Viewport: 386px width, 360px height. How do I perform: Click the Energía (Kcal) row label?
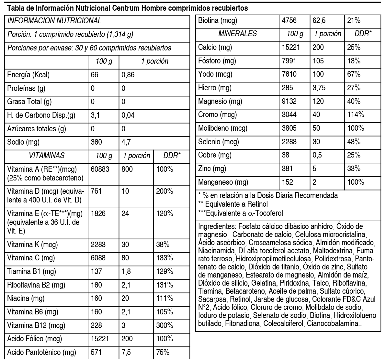coord(28,75)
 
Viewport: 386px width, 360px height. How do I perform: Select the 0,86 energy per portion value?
coord(128,75)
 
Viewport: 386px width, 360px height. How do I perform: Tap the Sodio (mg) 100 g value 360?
coord(96,142)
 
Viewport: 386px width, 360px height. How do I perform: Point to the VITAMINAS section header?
coord(46,156)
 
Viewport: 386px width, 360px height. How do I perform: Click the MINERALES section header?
coord(238,34)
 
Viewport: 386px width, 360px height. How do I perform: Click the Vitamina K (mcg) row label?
coord(30,245)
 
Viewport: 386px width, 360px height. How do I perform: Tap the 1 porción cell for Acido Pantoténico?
coord(126,352)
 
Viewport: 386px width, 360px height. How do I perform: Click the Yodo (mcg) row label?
coord(215,74)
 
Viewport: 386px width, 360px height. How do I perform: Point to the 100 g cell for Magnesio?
coord(289,101)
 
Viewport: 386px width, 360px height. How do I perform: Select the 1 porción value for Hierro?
coord(319,88)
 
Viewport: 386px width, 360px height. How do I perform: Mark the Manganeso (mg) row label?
coord(223,182)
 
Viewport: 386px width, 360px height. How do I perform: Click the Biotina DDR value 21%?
coord(354,21)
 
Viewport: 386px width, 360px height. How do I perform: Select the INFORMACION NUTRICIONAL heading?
coord(54,21)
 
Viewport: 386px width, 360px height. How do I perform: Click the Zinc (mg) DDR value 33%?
coord(354,169)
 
